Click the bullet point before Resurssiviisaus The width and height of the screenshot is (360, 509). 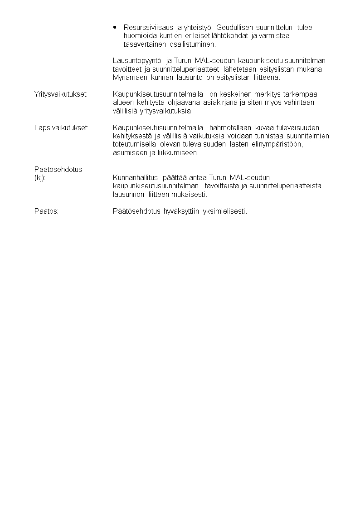[x=116, y=27]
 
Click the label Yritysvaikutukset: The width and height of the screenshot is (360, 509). [x=61, y=94]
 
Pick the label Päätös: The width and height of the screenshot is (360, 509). [x=46, y=211]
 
